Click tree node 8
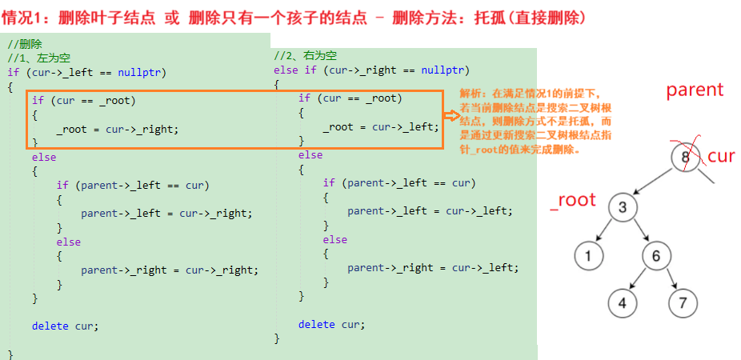pyautogui.click(x=685, y=157)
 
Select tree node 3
pyautogui.click(x=622, y=208)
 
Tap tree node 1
pyautogui.click(x=588, y=256)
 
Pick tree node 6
pyautogui.click(x=656, y=256)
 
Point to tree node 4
pyautogui.click(x=622, y=303)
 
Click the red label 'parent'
pyautogui.click(x=695, y=90)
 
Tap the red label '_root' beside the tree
pyautogui.click(x=573, y=200)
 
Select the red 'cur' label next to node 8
pyautogui.click(x=720, y=156)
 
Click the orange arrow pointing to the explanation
pyautogui.click(x=451, y=116)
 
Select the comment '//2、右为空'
pyautogui.click(x=305, y=55)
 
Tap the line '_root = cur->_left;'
pyautogui.click(x=381, y=126)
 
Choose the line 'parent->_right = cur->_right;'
pyautogui.click(x=170, y=270)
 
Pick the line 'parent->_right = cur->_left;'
pyautogui.click(x=433, y=267)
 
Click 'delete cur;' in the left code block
pyautogui.click(x=65, y=326)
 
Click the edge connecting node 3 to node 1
pyautogui.click(x=604, y=233)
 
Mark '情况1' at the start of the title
pyautogui.click(x=27, y=17)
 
